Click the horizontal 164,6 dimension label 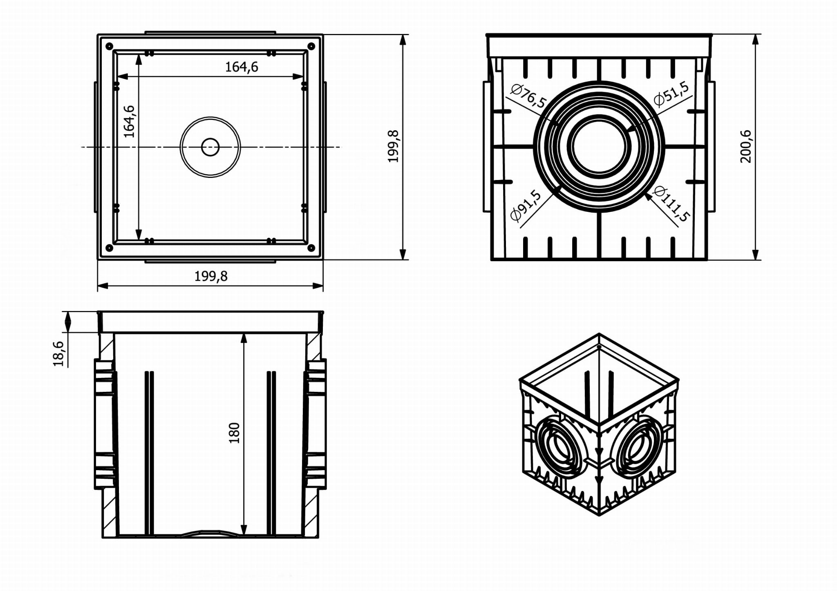(x=242, y=67)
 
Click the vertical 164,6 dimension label (x=129, y=122)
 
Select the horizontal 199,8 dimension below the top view (x=211, y=276)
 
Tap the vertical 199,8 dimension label (x=393, y=146)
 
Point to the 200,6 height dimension (x=746, y=147)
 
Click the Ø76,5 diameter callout (x=528, y=96)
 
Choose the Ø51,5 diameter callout (x=671, y=93)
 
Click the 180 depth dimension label (x=234, y=433)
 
